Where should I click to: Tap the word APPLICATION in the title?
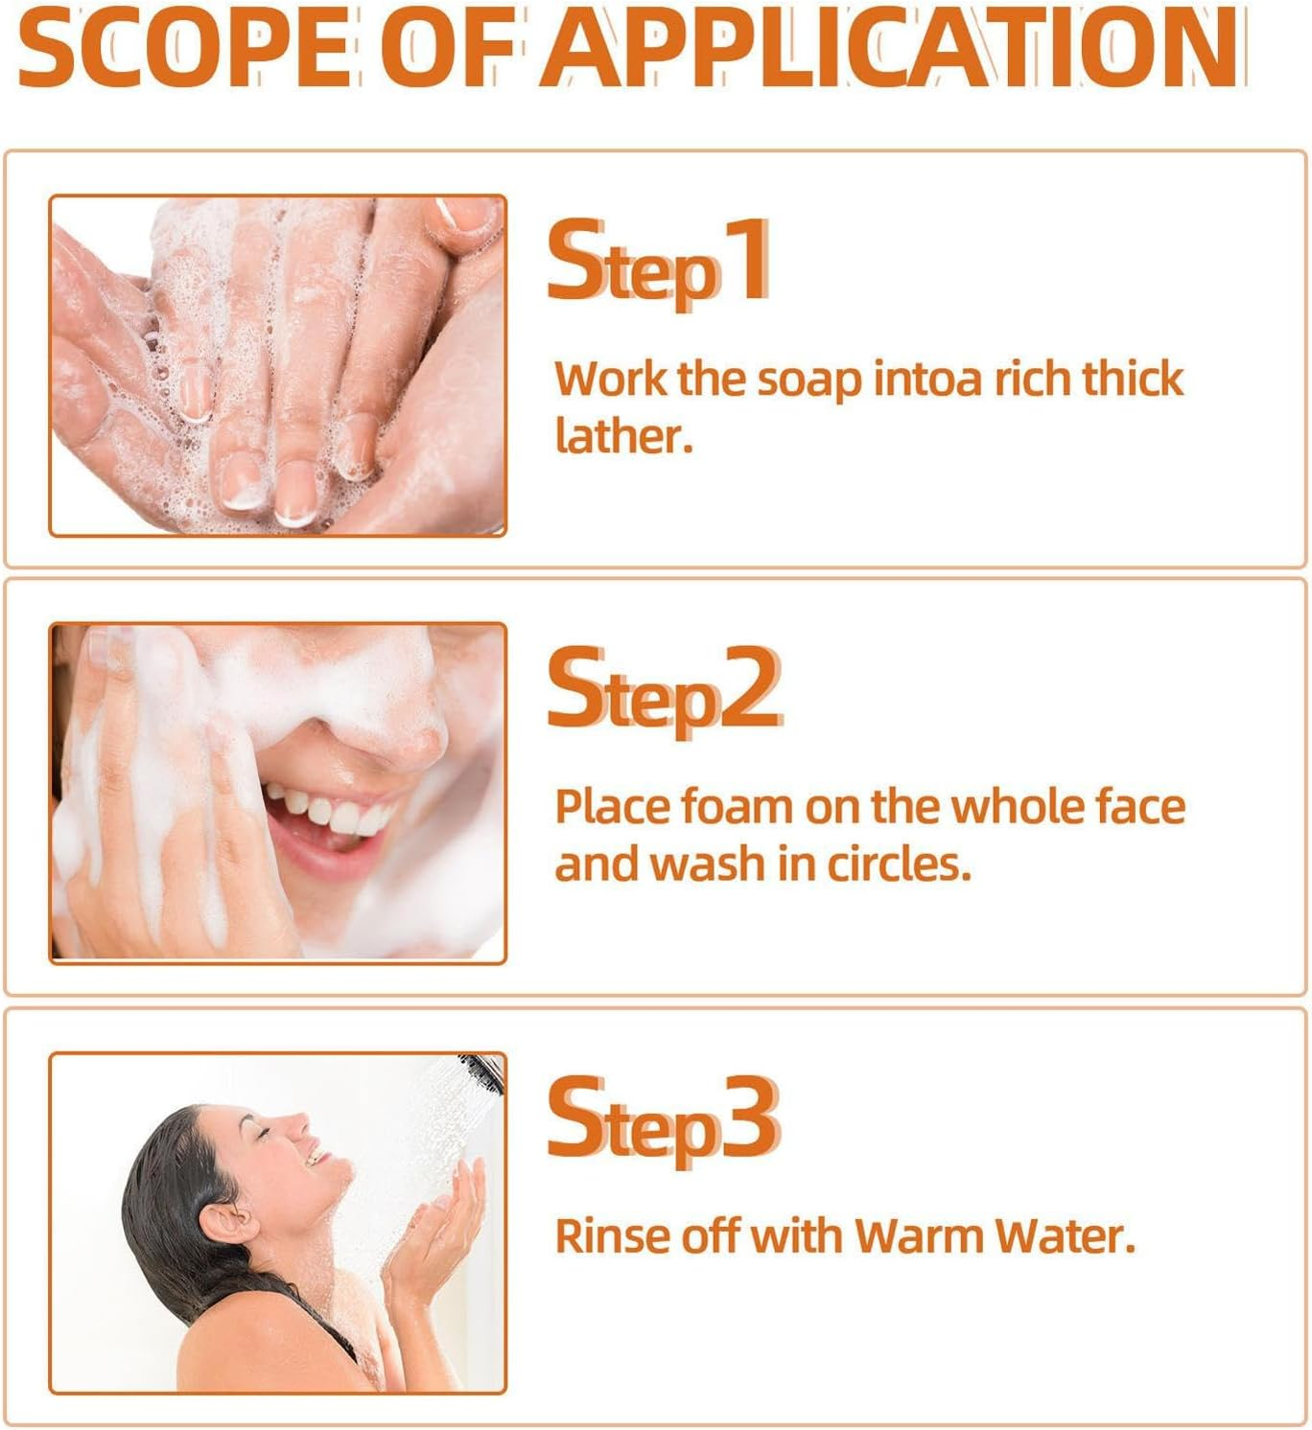click(x=892, y=48)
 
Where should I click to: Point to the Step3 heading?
click(x=662, y=1119)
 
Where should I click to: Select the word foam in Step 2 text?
click(x=737, y=807)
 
